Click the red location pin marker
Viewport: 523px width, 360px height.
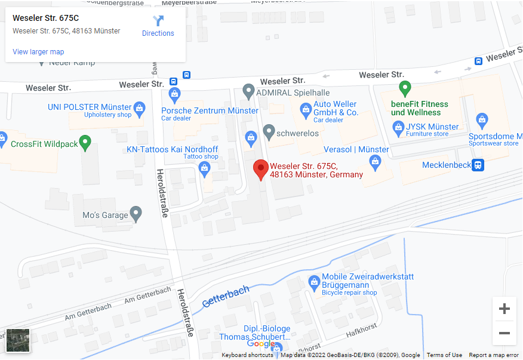260,170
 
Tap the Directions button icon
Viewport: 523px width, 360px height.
158,21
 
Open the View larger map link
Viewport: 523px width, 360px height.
38,52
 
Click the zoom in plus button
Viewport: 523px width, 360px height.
504,309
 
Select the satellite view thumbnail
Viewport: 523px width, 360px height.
18,340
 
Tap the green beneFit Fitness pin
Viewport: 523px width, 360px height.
405,89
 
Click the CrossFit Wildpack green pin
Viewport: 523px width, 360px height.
85,143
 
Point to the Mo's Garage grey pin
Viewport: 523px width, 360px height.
136,213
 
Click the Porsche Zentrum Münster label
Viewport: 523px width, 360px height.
210,110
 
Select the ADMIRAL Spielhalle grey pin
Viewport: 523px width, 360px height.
249,91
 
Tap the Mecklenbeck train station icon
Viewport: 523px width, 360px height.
478,165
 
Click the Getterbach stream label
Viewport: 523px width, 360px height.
225,296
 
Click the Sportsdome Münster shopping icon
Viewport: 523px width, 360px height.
482,119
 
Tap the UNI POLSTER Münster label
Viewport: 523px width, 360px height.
90,107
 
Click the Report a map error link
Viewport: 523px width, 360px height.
494,355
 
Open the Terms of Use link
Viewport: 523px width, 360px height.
444,355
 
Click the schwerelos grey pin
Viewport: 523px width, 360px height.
269,131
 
